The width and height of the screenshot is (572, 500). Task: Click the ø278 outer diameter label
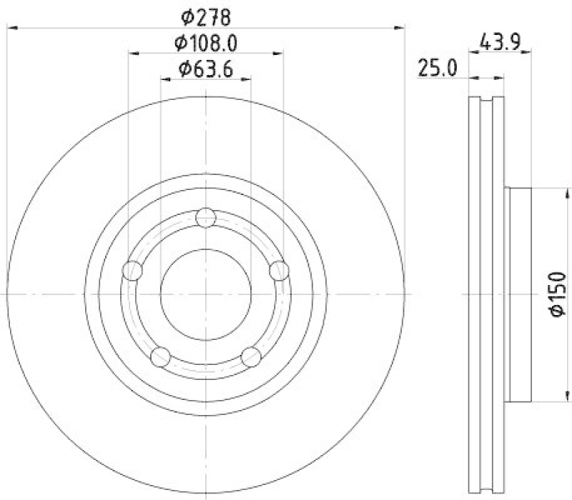pos(206,14)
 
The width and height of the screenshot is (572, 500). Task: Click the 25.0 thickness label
pos(438,69)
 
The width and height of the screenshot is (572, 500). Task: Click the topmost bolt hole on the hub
pos(206,217)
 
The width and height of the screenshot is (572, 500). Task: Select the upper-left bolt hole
pos(133,271)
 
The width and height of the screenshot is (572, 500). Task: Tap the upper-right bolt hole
pos(279,271)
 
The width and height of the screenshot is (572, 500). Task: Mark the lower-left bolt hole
pos(161,356)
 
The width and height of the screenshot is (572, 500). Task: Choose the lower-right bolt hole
pos(251,356)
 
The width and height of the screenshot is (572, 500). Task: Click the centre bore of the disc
pos(206,294)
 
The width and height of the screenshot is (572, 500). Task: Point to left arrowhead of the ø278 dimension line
pos(10,27)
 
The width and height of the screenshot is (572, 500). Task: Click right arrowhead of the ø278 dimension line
pos(400,27)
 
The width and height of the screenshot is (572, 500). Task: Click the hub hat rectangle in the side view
pos(520,294)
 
